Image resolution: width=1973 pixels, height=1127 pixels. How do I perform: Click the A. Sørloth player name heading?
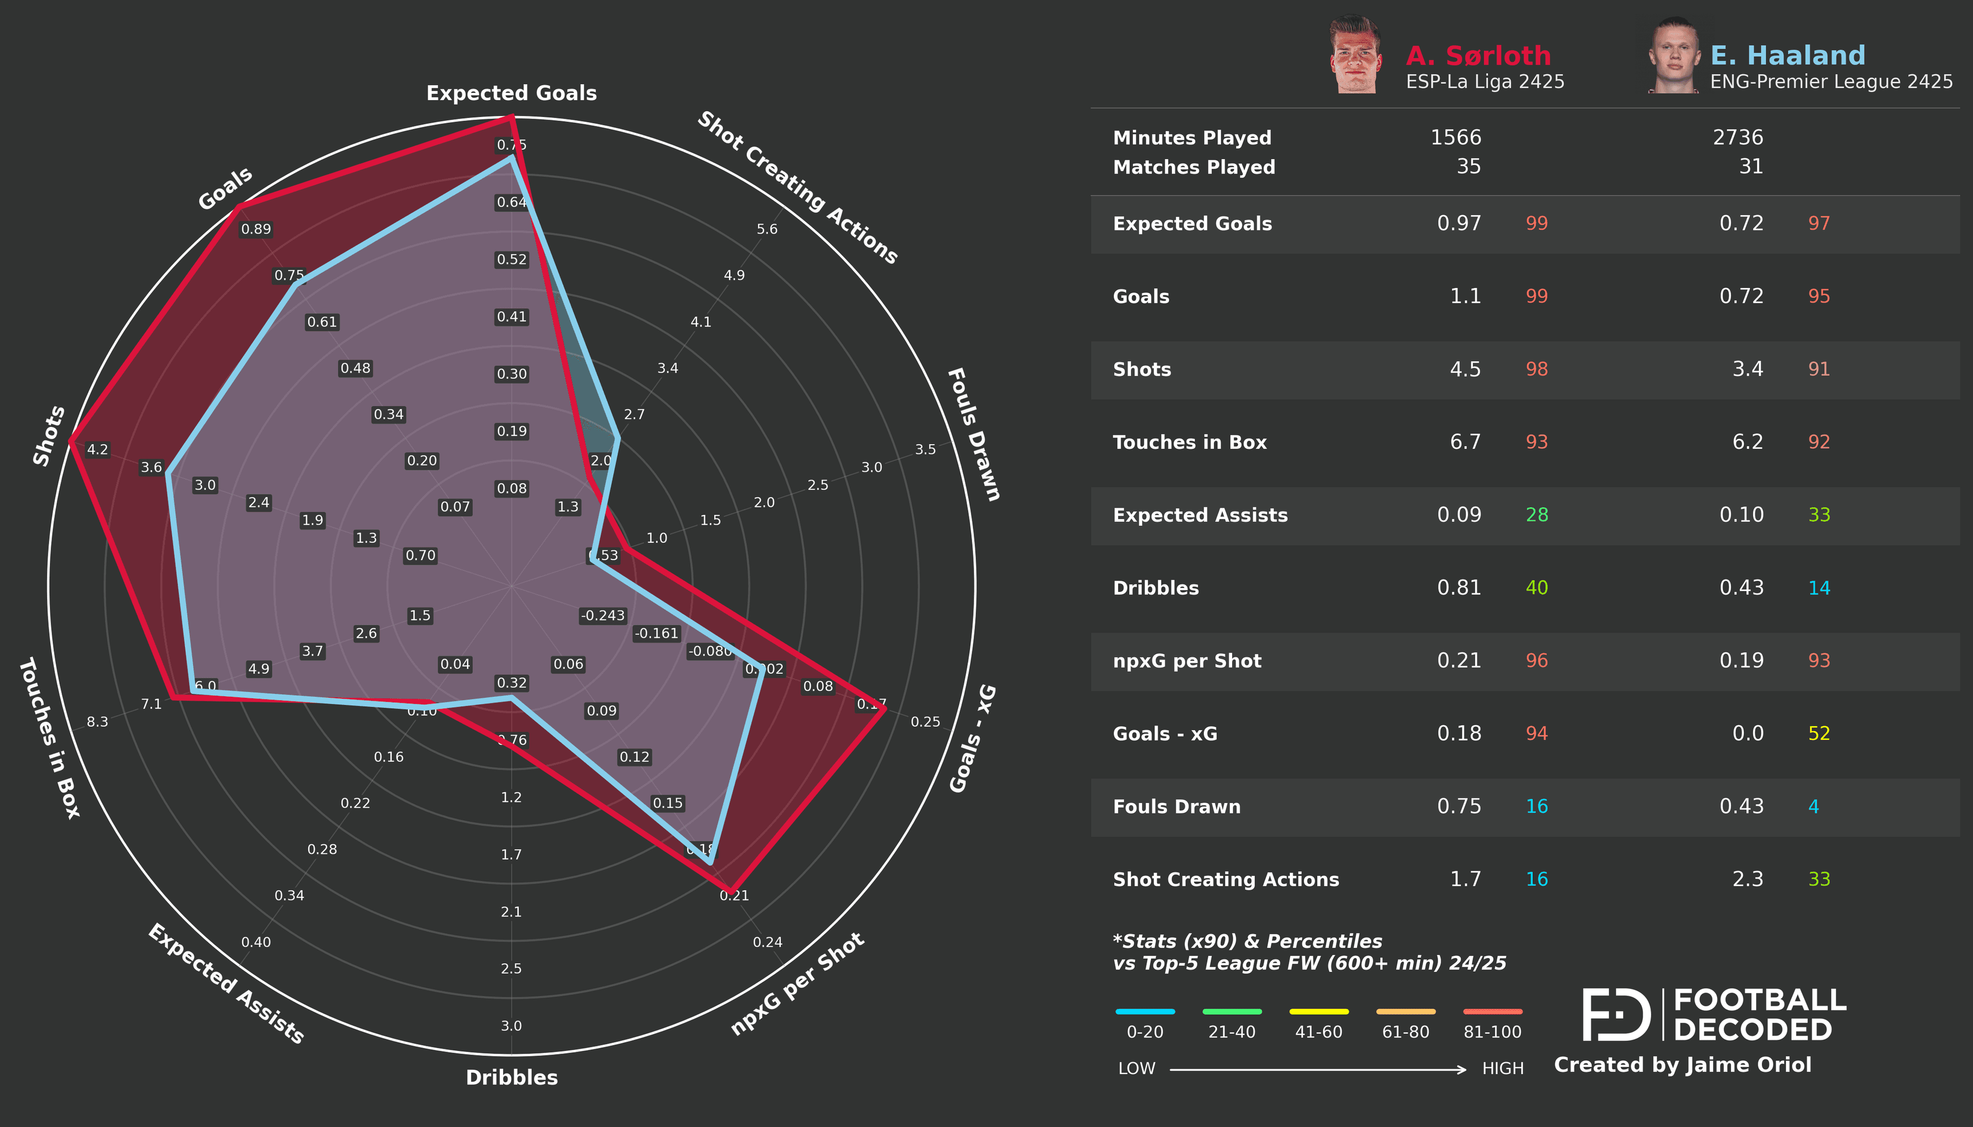coord(1477,56)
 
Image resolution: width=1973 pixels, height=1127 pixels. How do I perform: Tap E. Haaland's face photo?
coord(1674,56)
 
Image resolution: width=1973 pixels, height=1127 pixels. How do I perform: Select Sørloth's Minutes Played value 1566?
coord(1455,138)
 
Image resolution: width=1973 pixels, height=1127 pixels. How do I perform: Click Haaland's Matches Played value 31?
coord(1750,166)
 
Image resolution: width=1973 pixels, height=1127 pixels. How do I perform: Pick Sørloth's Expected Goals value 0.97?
coord(1458,224)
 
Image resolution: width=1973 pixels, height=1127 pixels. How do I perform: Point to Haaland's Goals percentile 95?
coord(1818,296)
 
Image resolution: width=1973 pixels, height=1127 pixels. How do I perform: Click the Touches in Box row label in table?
coord(1189,442)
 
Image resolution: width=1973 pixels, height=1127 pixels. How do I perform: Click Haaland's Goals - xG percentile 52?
coord(1818,734)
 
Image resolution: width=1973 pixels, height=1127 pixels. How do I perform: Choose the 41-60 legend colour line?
coord(1319,1011)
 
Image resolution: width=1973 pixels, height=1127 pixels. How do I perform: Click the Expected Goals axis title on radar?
coord(511,93)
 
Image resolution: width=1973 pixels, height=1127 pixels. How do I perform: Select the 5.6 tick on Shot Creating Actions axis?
coord(767,229)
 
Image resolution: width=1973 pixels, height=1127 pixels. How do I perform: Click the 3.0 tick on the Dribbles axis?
coord(511,1026)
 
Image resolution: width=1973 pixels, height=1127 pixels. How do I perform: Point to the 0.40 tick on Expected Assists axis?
coord(255,942)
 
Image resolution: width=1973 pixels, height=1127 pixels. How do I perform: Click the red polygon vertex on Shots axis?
coord(70,441)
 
